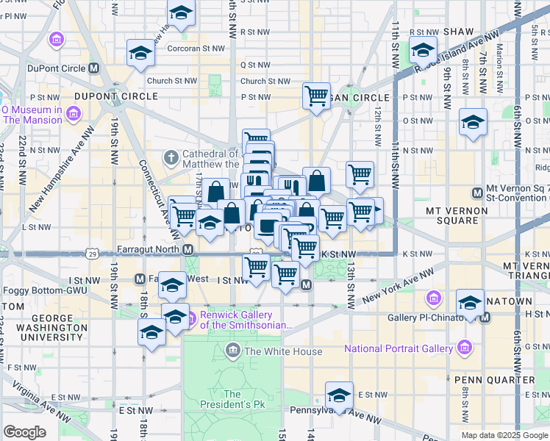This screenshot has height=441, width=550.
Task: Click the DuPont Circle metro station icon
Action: [x=93, y=68]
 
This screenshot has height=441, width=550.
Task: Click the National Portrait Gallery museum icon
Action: [x=464, y=347]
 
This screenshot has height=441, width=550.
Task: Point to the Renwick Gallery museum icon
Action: [x=190, y=318]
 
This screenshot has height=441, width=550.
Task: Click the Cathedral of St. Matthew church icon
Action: [x=171, y=157]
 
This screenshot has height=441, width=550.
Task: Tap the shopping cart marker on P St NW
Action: [x=316, y=96]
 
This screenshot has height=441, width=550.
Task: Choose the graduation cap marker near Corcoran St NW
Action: [x=140, y=53]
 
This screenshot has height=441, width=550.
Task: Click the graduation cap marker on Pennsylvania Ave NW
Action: [x=339, y=394]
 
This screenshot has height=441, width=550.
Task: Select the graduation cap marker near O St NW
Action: [x=473, y=121]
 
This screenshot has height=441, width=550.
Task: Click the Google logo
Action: [x=24, y=432]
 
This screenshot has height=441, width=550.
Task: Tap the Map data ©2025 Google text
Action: [x=503, y=435]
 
